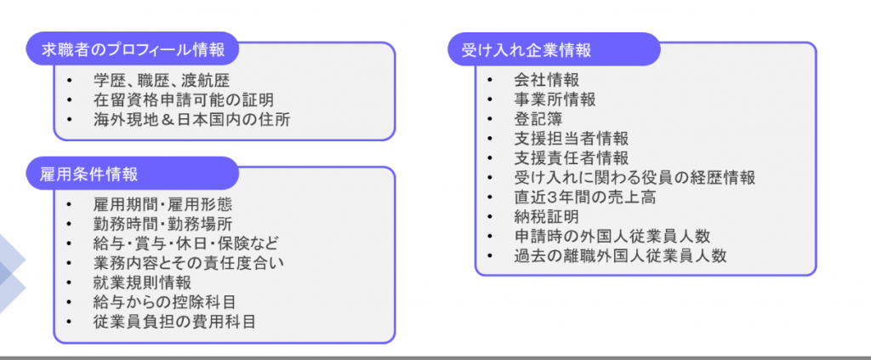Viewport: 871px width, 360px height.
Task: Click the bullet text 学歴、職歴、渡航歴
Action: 162,82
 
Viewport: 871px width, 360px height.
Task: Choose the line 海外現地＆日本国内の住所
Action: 191,120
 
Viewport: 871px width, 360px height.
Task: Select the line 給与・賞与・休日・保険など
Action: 185,244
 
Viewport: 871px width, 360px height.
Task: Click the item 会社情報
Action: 546,81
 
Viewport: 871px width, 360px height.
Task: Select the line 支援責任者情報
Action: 571,158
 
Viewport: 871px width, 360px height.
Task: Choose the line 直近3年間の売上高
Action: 583,197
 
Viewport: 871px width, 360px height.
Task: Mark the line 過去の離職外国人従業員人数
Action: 619,255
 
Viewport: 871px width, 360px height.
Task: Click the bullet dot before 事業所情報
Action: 489,100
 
